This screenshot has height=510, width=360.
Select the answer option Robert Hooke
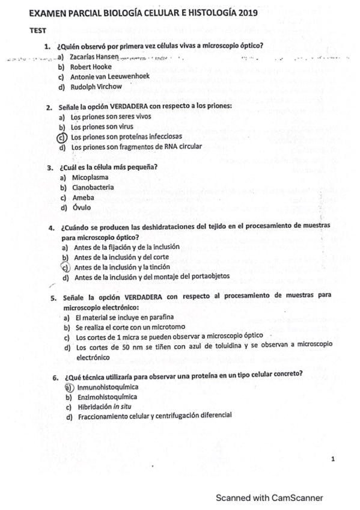tap(91, 67)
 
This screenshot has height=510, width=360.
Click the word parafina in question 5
tap(160, 317)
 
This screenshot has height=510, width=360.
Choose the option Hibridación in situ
tap(103, 407)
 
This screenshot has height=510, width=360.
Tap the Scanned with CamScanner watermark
tap(269, 497)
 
